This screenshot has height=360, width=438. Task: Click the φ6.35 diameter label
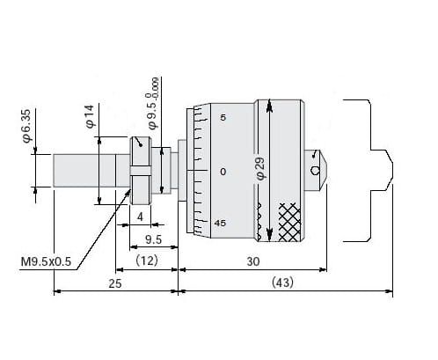(x=26, y=125)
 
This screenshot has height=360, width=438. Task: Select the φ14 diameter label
(x=90, y=116)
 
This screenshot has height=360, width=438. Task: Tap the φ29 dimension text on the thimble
(x=260, y=169)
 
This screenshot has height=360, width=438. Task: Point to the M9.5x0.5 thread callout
(x=46, y=261)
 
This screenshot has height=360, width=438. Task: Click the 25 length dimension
(x=115, y=283)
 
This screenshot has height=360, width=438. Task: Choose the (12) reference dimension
(x=147, y=261)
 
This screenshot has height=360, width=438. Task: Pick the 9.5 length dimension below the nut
(x=153, y=239)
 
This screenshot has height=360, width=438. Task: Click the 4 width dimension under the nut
(x=140, y=217)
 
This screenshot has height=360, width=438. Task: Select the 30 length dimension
(x=253, y=261)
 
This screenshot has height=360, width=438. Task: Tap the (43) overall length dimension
(x=282, y=283)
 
